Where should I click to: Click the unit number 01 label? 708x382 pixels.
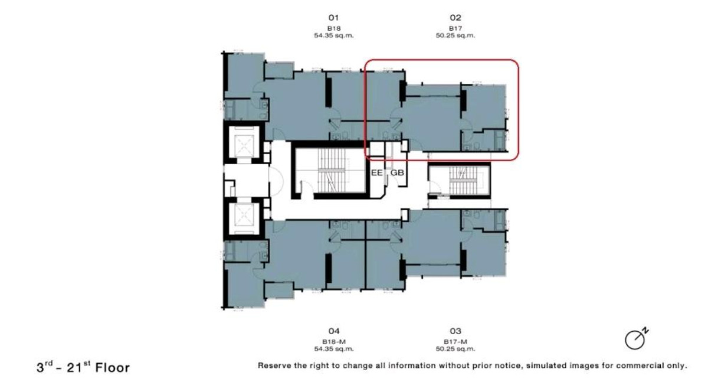click(x=333, y=18)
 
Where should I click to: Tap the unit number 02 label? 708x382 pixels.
click(x=455, y=18)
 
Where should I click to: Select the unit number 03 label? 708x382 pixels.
click(x=455, y=331)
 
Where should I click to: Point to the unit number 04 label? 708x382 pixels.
click(x=334, y=331)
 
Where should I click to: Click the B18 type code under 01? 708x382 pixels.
click(x=334, y=28)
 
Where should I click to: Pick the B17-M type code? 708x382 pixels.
click(x=455, y=342)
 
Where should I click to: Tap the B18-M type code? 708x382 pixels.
click(x=334, y=342)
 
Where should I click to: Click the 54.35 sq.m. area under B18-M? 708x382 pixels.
click(x=334, y=349)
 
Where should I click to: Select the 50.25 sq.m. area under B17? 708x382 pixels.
click(x=455, y=35)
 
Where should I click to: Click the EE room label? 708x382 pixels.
click(x=376, y=172)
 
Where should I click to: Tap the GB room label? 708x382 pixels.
click(x=397, y=172)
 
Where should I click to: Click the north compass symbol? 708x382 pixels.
click(x=636, y=339)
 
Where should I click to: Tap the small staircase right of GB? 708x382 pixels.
click(x=460, y=180)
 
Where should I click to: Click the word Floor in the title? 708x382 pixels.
click(x=113, y=368)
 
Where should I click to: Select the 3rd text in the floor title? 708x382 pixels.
click(x=44, y=367)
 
